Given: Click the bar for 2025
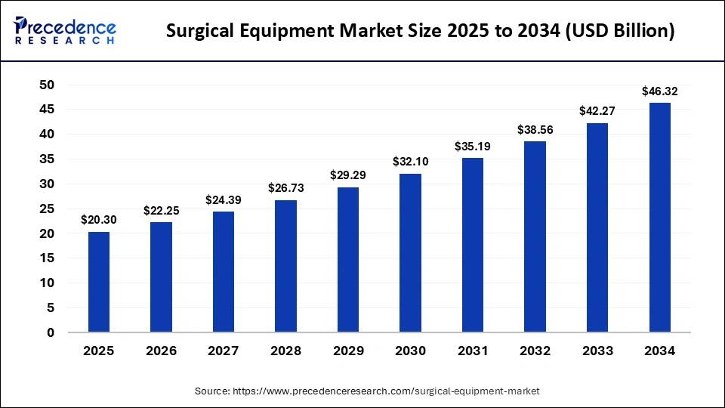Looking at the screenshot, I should tap(99, 282).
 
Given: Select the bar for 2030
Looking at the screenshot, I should tap(411, 253).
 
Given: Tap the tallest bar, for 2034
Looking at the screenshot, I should tap(660, 218).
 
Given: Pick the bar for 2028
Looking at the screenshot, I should tap(286, 266).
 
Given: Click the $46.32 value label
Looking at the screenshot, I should tap(660, 91).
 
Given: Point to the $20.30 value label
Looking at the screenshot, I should tap(99, 220).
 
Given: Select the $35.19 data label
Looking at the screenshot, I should tap(473, 147).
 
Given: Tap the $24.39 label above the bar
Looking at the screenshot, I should tap(224, 200).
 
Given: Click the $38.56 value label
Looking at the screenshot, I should tap(535, 130).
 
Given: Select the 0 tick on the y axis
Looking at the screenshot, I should tap(51, 332).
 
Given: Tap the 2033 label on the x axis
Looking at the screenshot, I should tap(597, 351).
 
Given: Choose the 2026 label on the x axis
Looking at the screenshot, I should tap(162, 351).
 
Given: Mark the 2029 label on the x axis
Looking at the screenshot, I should tap(348, 351).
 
